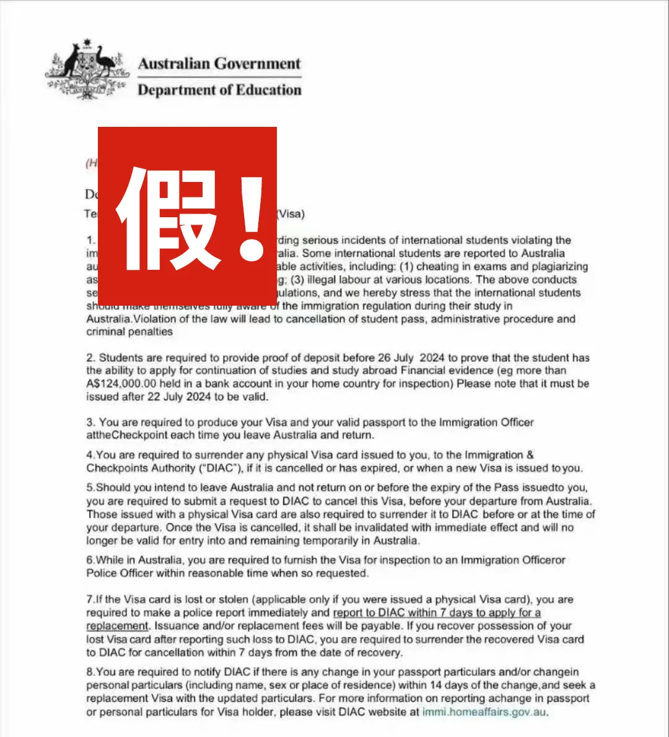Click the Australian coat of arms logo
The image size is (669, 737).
pyautogui.click(x=87, y=71)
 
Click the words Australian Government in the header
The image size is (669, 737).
pyautogui.click(x=219, y=64)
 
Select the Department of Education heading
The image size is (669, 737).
pyautogui.click(x=219, y=90)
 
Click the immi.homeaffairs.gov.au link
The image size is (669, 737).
pyautogui.click(x=485, y=712)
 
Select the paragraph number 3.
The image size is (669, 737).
pyautogui.click(x=91, y=423)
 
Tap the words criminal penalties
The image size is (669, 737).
pyautogui.click(x=129, y=332)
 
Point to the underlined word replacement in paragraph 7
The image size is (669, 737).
pyautogui.click(x=118, y=626)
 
